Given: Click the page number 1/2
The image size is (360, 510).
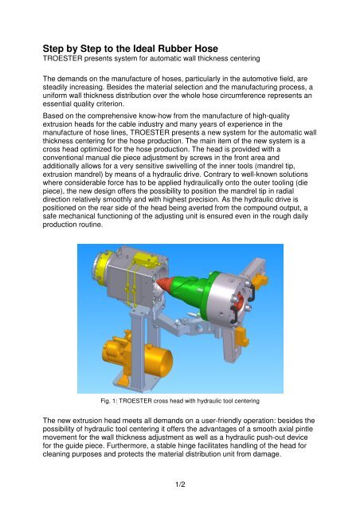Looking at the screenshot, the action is pyautogui.click(x=180, y=483).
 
